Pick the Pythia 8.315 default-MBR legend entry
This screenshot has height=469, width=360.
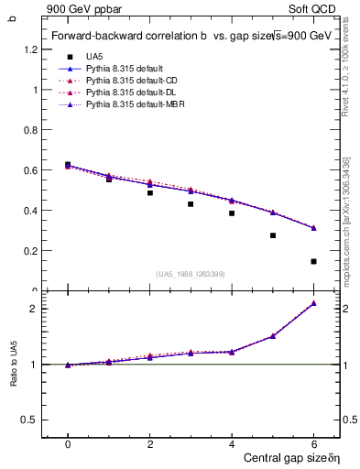(129, 107)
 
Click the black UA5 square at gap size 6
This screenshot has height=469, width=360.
(313, 261)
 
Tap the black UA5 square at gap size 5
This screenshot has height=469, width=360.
(273, 235)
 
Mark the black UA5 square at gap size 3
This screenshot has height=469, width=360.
(191, 204)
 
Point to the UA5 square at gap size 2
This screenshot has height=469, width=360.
(149, 192)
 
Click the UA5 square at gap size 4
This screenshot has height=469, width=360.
(232, 213)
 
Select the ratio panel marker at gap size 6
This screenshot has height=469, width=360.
(313, 303)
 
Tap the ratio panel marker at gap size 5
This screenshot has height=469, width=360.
(273, 336)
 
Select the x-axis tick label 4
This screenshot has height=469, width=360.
(232, 444)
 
